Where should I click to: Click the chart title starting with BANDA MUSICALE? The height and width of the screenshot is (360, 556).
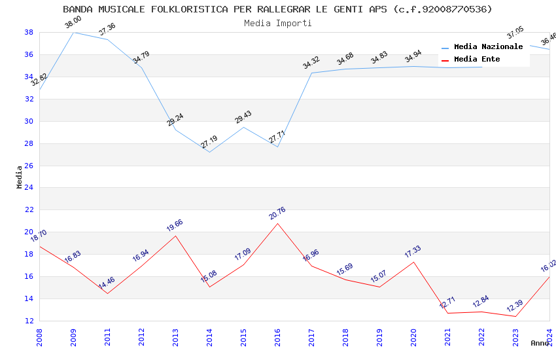click(277, 9)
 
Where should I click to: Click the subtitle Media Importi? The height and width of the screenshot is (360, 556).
click(277, 23)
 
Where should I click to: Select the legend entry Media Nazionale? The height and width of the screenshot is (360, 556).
click(488, 46)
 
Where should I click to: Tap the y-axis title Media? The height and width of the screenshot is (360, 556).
click(20, 177)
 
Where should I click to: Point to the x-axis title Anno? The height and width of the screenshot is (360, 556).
click(540, 343)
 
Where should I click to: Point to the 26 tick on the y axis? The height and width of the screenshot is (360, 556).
click(29, 166)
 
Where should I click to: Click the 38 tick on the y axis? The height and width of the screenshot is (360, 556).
click(29, 32)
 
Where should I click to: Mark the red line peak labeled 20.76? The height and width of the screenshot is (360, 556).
click(277, 223)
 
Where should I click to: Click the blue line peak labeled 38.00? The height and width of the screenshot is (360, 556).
click(73, 32)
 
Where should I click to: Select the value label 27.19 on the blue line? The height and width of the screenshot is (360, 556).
click(209, 141)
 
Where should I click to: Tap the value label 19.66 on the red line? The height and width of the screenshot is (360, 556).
click(175, 225)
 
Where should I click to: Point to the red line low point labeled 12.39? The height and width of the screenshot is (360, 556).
click(515, 317)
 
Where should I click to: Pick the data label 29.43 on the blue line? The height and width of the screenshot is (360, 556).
click(243, 117)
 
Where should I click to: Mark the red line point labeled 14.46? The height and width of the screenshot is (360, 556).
click(107, 293)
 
